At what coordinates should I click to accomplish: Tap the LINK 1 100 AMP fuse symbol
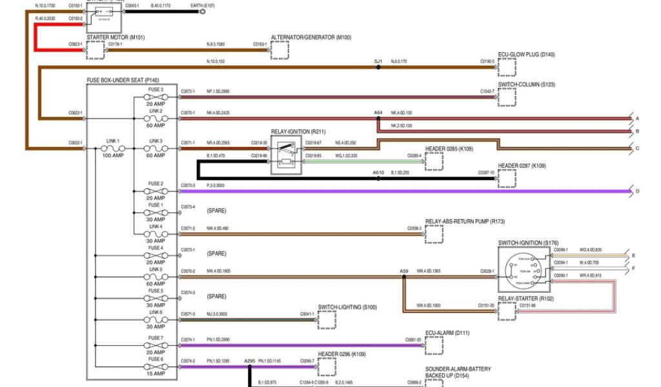[x=113, y=148]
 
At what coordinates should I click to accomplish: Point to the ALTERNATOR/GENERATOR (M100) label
[x=311, y=37]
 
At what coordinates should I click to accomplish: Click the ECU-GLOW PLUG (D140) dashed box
[x=507, y=67]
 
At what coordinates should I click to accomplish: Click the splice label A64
[x=378, y=113]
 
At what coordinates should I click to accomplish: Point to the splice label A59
[x=404, y=271]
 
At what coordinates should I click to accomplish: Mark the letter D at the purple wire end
[x=637, y=192]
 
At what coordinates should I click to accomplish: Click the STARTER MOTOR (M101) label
[x=116, y=37]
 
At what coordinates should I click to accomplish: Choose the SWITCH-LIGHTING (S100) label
[x=347, y=307]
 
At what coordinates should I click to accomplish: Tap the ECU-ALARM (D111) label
[x=447, y=333]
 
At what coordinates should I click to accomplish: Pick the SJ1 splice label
[x=378, y=61]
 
